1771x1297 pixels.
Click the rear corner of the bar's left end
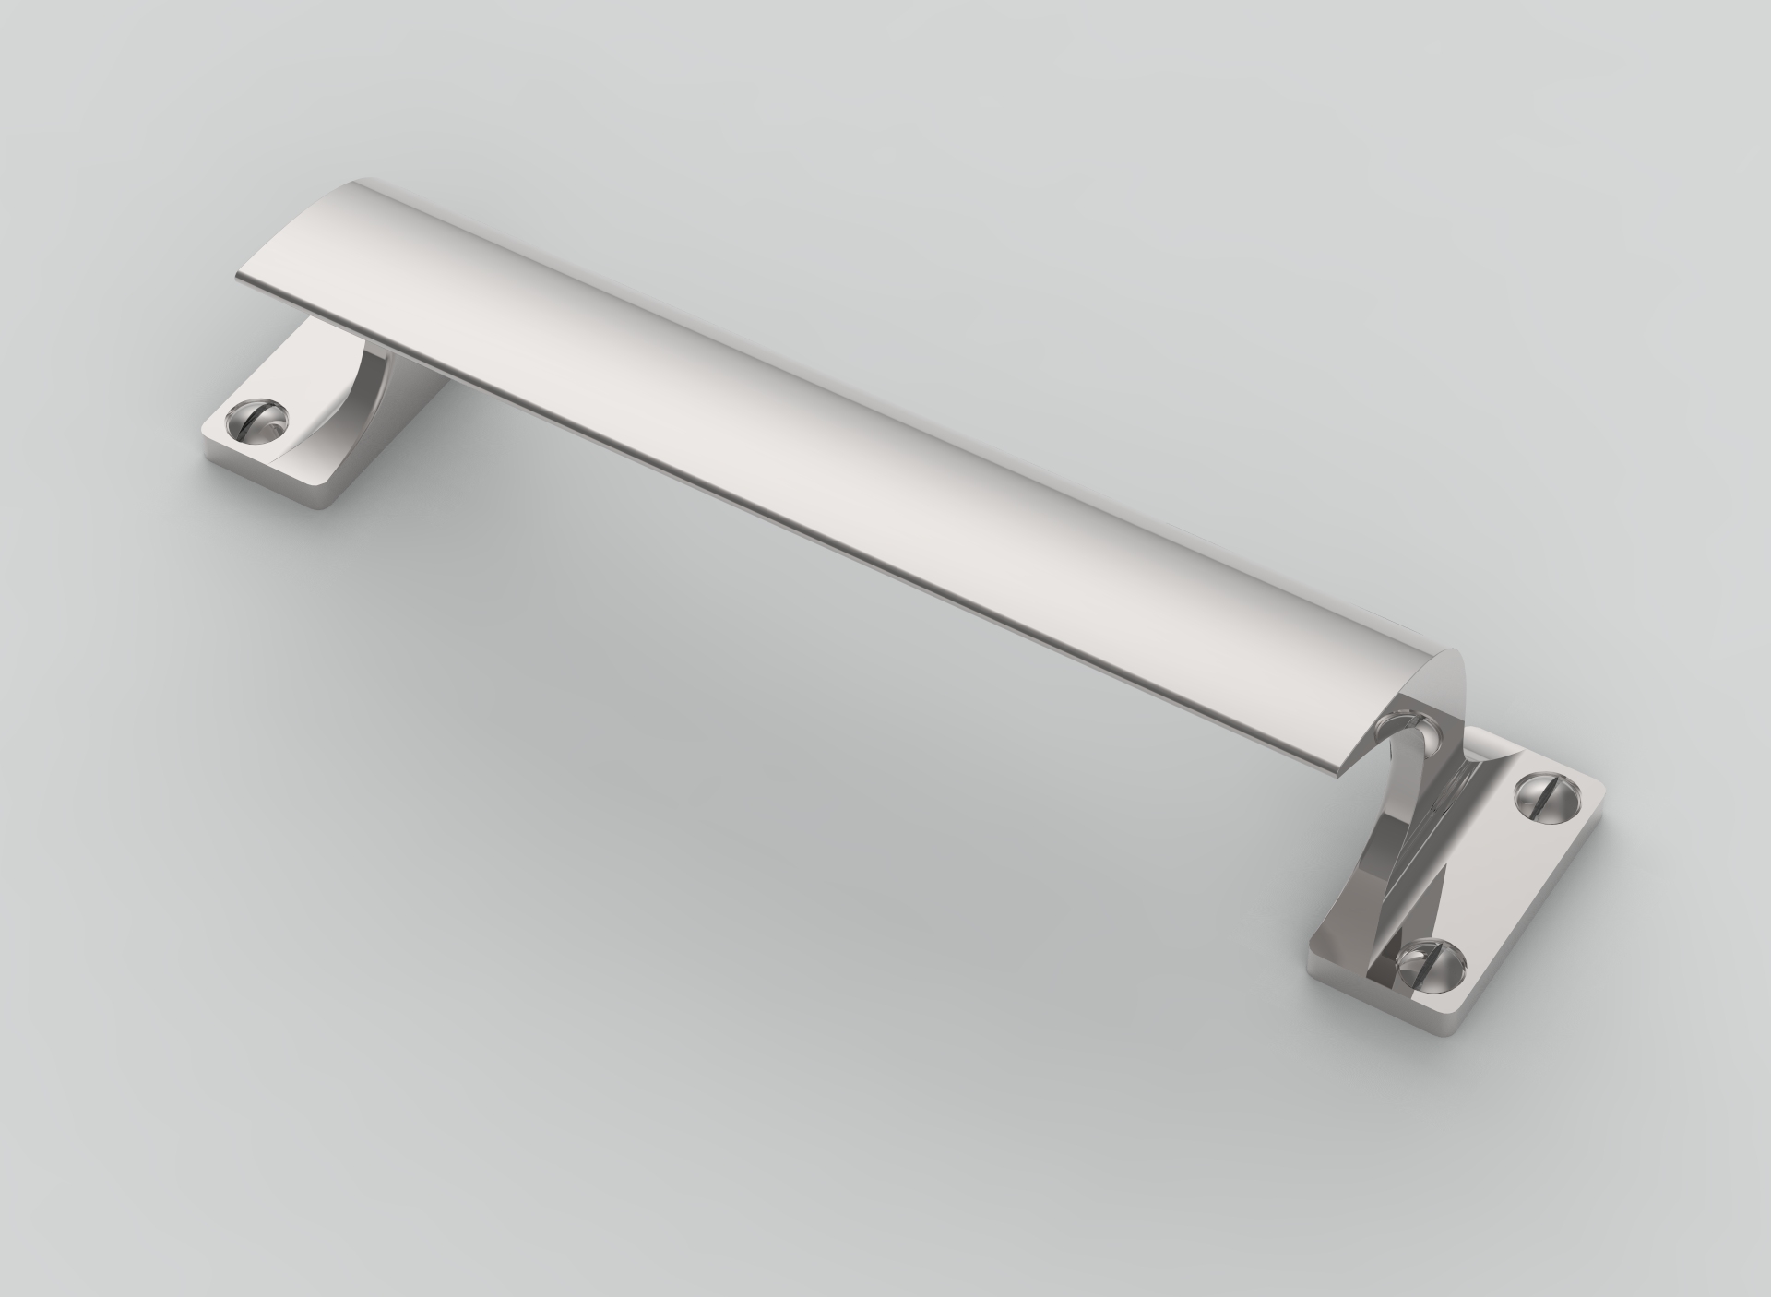click(x=369, y=179)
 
